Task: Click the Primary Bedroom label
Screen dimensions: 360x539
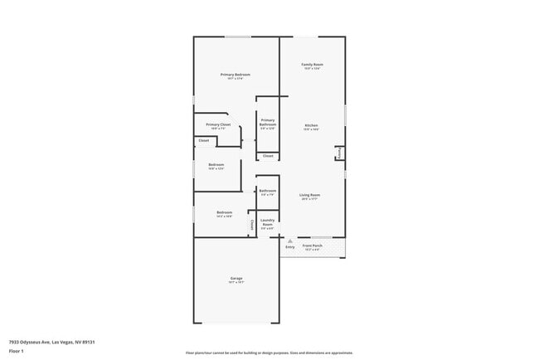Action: pos(236,75)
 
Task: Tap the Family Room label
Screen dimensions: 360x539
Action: pos(312,65)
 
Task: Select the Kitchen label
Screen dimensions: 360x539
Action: pos(311,126)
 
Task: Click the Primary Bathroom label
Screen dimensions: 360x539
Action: pos(267,122)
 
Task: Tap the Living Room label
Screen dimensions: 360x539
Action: pos(310,195)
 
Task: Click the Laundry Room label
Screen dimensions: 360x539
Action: pos(267,221)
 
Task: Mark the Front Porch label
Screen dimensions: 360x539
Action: pos(312,246)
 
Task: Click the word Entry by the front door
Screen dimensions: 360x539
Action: pos(289,246)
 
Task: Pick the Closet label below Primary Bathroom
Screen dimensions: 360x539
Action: pos(268,156)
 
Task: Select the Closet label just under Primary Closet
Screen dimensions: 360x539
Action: pos(203,141)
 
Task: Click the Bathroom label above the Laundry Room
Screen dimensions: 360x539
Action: pos(267,191)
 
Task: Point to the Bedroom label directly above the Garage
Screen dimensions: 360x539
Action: pos(224,212)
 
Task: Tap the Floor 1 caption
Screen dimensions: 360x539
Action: pos(16,351)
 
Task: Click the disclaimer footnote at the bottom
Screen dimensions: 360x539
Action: pos(269,353)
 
